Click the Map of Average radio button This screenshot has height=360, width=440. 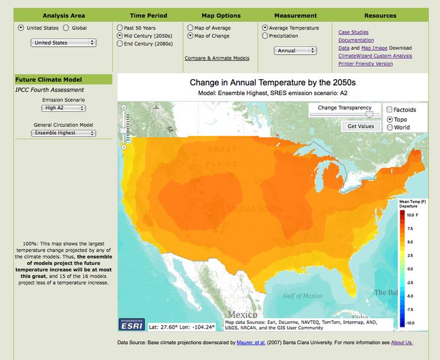click(x=190, y=28)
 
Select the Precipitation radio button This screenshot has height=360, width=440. click(x=264, y=35)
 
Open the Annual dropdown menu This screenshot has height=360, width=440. click(x=293, y=51)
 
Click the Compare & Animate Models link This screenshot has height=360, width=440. click(x=216, y=58)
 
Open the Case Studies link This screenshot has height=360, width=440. click(x=353, y=33)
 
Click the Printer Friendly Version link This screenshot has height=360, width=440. click(x=365, y=63)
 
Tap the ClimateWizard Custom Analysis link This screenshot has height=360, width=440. click(x=375, y=56)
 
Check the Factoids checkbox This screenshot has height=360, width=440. click(x=389, y=109)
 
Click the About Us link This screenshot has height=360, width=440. click(x=402, y=342)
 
